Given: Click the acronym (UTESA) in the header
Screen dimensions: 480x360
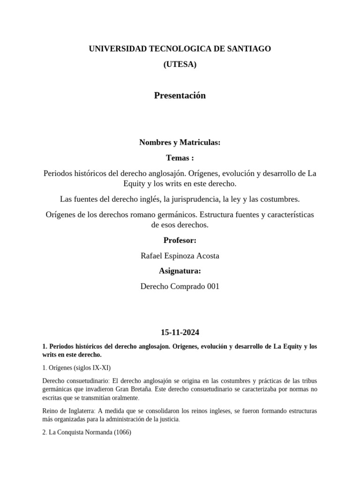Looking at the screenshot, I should pos(180,65).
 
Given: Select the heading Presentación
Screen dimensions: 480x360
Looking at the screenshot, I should pos(180,96).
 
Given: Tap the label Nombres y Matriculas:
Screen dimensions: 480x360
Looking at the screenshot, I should pos(180,142).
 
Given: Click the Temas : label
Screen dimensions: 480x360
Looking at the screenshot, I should pos(180,158).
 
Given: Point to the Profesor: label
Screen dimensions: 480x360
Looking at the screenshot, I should pos(180,240).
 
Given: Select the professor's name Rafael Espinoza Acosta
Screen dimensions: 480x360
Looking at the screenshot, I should pos(180,256).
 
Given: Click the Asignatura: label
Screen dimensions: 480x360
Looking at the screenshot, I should pos(180,271).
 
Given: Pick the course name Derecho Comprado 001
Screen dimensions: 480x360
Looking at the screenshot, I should pos(180,286).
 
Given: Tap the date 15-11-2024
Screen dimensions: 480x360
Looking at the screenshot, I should pos(180,332).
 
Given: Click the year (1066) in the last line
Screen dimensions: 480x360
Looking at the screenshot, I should pos(121,433).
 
